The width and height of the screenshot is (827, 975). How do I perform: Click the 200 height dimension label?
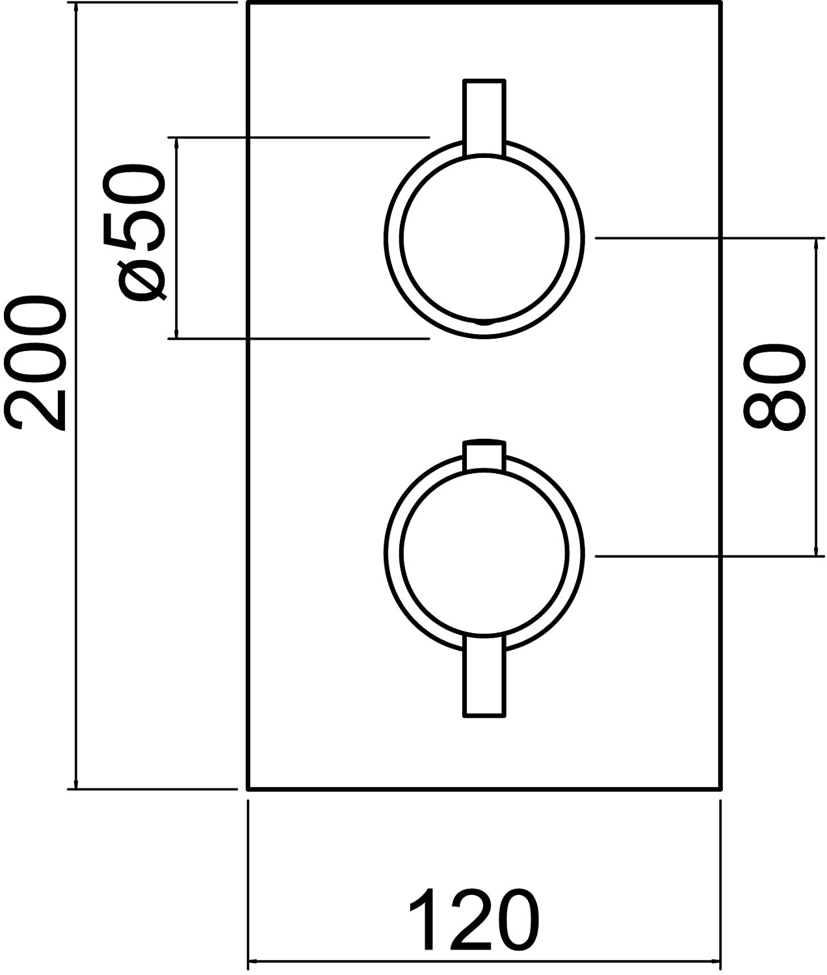coord(35,363)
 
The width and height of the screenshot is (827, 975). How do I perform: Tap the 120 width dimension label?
coord(474,919)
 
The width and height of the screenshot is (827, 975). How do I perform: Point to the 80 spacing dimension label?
coord(774,386)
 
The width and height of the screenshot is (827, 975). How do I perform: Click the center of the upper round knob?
coord(484,238)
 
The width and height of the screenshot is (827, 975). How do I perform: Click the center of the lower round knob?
coord(484,553)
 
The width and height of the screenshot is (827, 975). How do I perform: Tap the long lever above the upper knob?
coord(484,117)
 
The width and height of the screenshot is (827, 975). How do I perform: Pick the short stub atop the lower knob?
coord(484,455)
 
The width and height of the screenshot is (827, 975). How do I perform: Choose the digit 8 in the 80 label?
coord(774,409)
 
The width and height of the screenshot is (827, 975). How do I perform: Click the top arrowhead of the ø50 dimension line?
coord(176,144)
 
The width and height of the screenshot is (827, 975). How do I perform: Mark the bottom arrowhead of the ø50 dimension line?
coord(176,332)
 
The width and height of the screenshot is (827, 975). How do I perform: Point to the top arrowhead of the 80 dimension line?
coord(816,245)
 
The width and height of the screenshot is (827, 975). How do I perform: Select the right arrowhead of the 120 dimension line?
coord(714,961)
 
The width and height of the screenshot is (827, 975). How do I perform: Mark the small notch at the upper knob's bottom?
coord(484,322)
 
